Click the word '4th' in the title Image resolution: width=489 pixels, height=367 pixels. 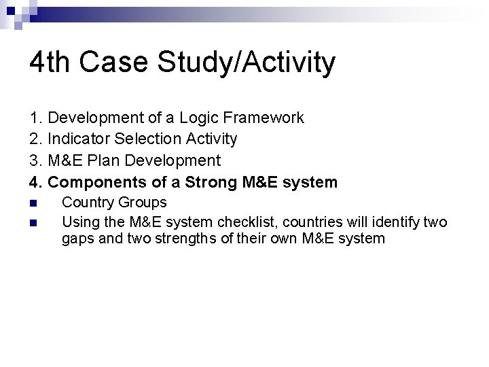pos(51,63)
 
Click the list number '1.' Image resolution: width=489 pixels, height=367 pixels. pos(36,118)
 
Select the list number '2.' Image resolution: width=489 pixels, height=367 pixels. pos(36,139)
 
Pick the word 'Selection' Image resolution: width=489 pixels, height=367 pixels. pos(143,139)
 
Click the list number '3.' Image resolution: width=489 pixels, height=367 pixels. pos(36,160)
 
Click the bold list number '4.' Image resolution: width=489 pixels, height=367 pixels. pos(36,182)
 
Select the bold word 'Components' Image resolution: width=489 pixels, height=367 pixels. pos(93,182)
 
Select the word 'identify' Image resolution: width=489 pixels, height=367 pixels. pos(393,221)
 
